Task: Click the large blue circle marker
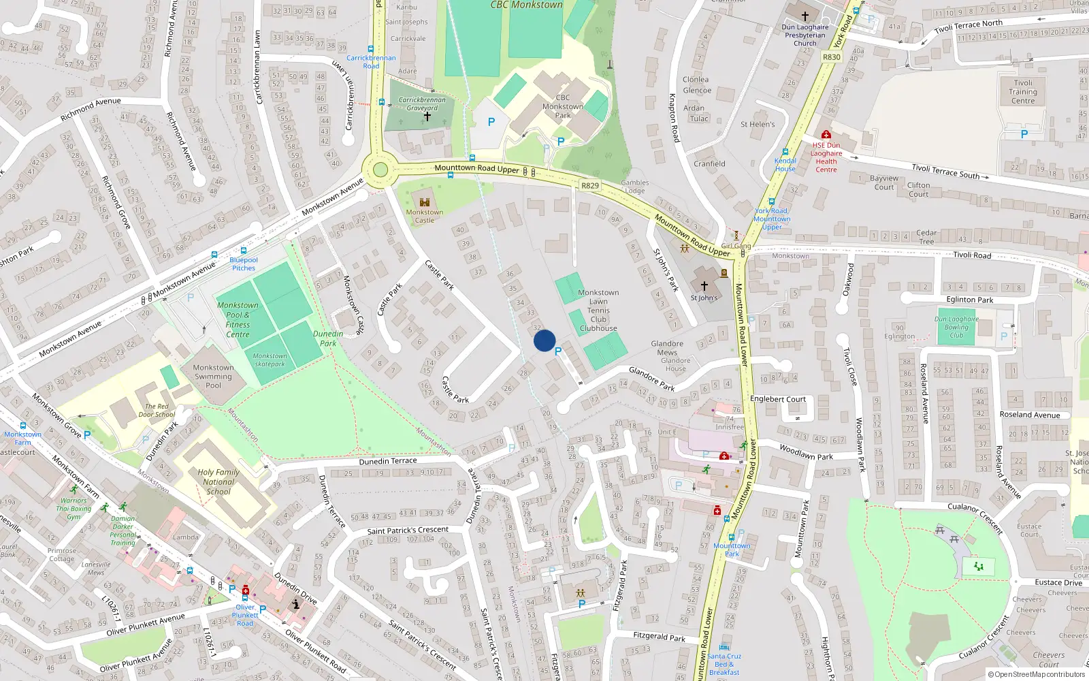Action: tap(544, 340)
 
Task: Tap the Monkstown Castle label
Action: tap(425, 217)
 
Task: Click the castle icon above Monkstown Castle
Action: tap(425, 202)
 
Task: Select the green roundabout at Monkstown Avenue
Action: tap(380, 170)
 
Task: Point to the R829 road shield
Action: tap(590, 185)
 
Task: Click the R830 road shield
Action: tap(832, 57)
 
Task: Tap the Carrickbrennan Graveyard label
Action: tap(422, 104)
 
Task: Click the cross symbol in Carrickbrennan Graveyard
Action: tap(427, 116)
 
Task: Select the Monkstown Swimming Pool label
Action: tap(213, 376)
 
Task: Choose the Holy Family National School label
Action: tap(218, 481)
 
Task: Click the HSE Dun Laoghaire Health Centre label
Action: tap(826, 157)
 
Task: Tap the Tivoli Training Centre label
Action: tap(1023, 92)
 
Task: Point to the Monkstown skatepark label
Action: tap(270, 360)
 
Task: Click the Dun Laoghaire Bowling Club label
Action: tap(956, 327)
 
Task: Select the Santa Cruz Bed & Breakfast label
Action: tap(724, 664)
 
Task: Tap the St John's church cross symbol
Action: tap(704, 286)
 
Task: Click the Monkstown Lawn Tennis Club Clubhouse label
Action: tap(598, 310)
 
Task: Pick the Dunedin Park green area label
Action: tap(328, 338)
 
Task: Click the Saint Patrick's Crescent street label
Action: tap(408, 530)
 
